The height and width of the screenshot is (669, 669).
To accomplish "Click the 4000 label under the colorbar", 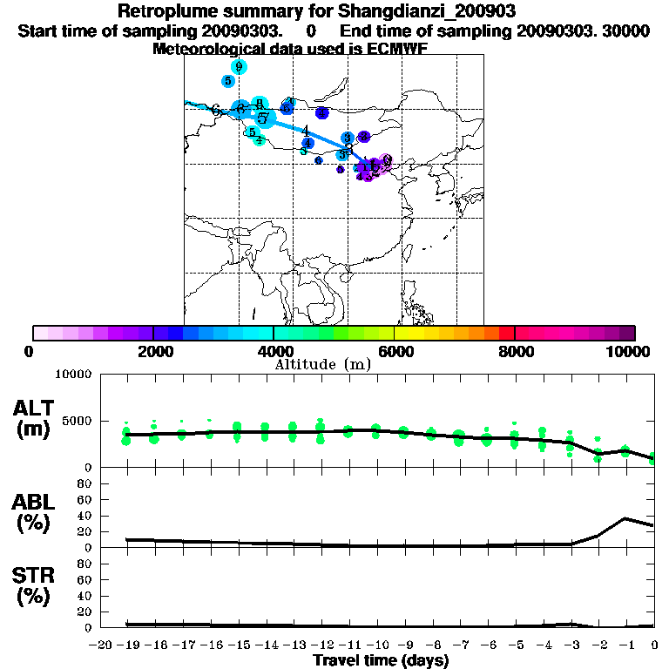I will [x=274, y=351].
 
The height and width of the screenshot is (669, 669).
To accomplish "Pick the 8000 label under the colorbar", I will [x=515, y=351].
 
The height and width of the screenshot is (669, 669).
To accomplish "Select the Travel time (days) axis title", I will [x=381, y=661].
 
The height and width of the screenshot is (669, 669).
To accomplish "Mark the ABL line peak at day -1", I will [x=625, y=518].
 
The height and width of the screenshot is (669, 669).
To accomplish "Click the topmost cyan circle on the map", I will [x=238, y=66].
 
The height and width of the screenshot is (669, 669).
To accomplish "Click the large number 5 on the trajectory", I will [x=262, y=117].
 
